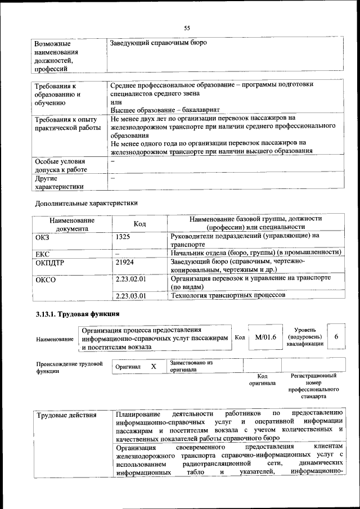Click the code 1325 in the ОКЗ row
click(124, 237)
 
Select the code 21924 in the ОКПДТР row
click(125, 262)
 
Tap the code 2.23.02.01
click(130, 278)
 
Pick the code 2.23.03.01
click(130, 295)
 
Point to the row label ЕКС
click(43, 254)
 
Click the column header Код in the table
click(139, 224)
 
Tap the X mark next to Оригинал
click(153, 366)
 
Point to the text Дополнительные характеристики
click(86, 202)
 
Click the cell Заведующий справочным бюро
click(159, 43)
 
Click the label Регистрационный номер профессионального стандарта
click(313, 385)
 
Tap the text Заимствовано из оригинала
click(191, 366)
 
